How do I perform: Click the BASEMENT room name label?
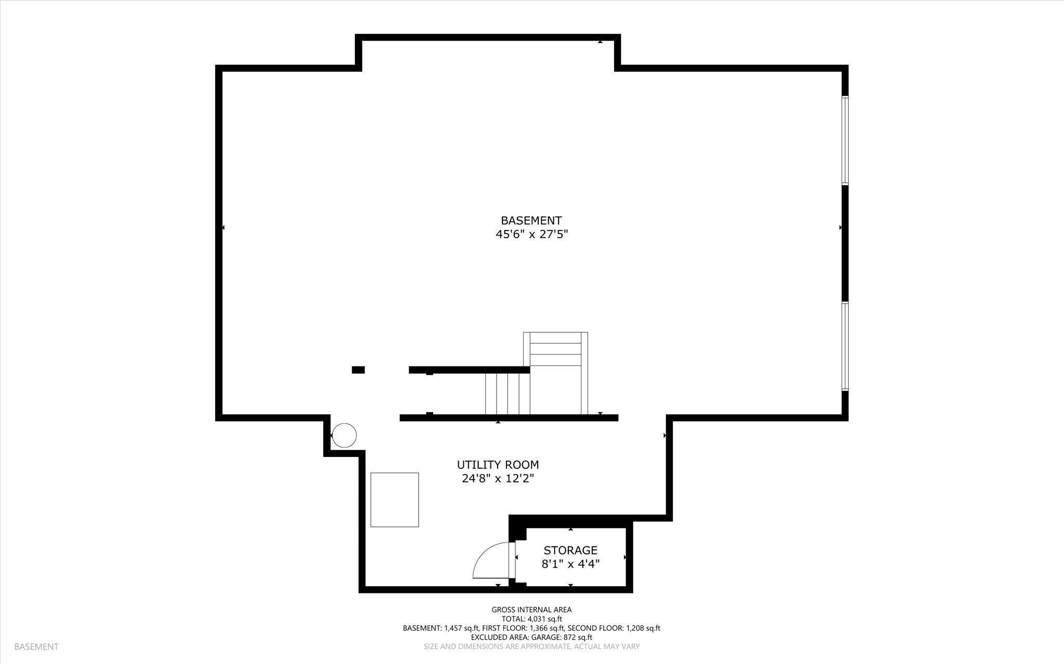[x=531, y=221]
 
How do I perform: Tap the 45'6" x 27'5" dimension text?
[x=531, y=235]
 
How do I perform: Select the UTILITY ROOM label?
[x=498, y=465]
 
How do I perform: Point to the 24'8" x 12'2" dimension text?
[x=498, y=479]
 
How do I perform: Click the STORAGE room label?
[x=570, y=550]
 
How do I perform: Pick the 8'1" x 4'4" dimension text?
[x=570, y=564]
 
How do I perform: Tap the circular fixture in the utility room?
[x=344, y=435]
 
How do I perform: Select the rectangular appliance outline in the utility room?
[x=394, y=499]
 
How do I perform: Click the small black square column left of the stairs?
[x=358, y=370]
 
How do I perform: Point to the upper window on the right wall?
[x=845, y=140]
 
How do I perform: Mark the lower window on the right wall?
[x=845, y=346]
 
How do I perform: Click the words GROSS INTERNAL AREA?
[x=531, y=610]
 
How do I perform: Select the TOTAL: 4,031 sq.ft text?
[x=531, y=619]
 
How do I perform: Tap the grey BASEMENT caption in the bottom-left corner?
[x=36, y=647]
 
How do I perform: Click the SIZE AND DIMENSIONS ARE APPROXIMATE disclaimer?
[x=531, y=646]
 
